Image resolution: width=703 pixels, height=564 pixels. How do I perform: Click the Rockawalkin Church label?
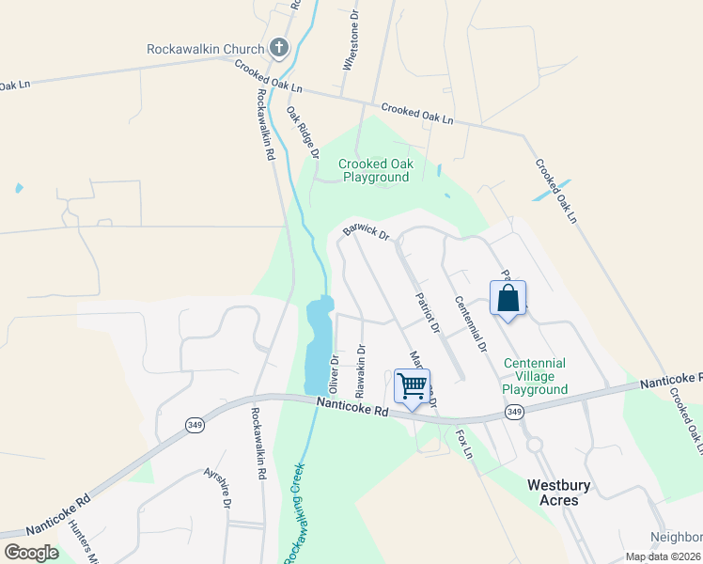click(x=206, y=49)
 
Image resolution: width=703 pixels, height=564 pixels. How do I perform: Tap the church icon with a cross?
click(x=278, y=48)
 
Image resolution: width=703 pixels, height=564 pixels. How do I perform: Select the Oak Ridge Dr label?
click(x=304, y=132)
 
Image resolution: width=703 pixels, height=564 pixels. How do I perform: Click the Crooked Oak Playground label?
click(x=375, y=170)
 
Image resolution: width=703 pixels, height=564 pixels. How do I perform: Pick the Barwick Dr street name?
click(x=366, y=231)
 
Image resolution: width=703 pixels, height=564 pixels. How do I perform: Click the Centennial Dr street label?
click(x=470, y=323)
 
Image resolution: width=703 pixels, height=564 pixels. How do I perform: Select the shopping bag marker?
click(x=508, y=299)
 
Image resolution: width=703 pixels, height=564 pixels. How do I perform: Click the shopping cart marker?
click(x=412, y=385)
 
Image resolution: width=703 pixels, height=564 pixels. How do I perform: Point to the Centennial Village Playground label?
click(x=535, y=376)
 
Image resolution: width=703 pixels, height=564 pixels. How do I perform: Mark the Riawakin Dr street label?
click(x=360, y=368)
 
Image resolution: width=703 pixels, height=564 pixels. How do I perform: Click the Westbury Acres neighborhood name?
click(x=553, y=493)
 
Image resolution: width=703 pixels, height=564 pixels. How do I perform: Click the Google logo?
click(x=31, y=553)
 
